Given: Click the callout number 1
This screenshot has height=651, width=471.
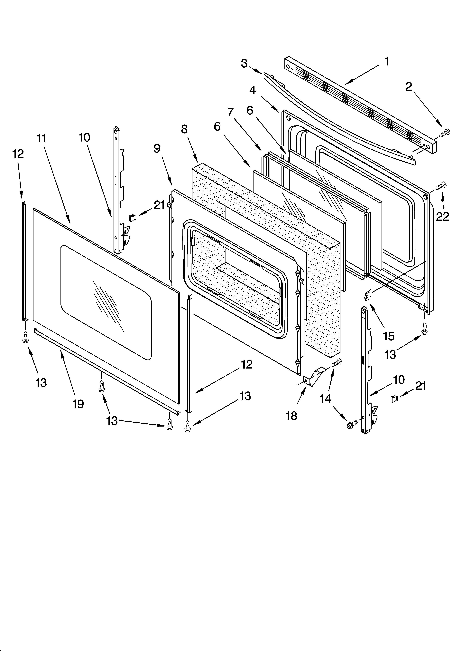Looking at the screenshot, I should [x=386, y=61].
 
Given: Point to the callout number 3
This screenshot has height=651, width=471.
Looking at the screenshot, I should [x=244, y=63].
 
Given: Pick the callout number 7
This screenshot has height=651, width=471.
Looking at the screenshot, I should [x=230, y=112].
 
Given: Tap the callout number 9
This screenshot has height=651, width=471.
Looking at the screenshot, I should [x=157, y=148].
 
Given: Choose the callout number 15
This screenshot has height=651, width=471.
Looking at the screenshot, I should [x=389, y=336].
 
